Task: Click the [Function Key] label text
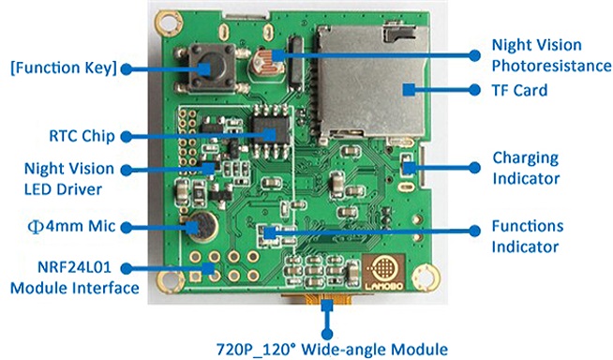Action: point(64,67)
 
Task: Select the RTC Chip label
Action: point(82,136)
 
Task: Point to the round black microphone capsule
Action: point(201,225)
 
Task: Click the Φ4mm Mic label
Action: point(71,226)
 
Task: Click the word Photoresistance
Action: point(552,66)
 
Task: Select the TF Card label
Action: point(519,90)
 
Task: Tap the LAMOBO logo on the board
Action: point(383,273)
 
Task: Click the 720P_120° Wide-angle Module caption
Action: point(332,349)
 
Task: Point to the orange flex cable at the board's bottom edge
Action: point(317,299)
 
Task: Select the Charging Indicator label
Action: point(526,168)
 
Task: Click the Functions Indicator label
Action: point(528,236)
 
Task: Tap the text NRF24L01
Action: point(74,267)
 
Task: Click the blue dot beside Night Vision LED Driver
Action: point(127,170)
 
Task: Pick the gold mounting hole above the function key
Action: point(169,22)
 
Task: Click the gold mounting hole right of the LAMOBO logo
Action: point(426,277)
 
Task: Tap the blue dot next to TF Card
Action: point(474,90)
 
